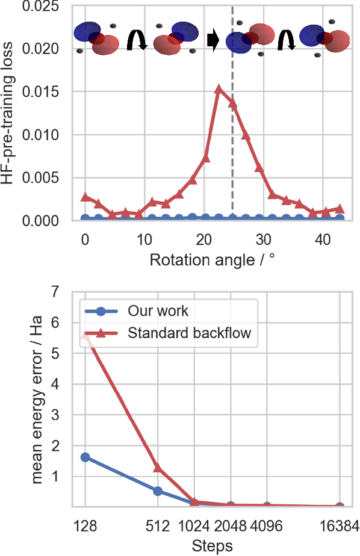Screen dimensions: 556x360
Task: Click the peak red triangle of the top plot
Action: (219, 89)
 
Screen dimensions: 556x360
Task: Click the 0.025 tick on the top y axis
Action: (42, 7)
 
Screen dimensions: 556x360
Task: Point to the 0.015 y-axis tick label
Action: (42, 92)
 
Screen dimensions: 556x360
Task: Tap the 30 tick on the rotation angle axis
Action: (262, 239)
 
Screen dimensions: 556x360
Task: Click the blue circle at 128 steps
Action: (85, 457)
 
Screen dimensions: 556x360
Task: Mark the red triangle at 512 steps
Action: (158, 468)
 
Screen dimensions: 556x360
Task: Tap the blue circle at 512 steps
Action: (158, 491)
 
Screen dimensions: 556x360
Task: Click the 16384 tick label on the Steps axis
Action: (340, 525)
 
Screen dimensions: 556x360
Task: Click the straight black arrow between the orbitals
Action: (213, 40)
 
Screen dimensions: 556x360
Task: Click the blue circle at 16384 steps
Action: (340, 507)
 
